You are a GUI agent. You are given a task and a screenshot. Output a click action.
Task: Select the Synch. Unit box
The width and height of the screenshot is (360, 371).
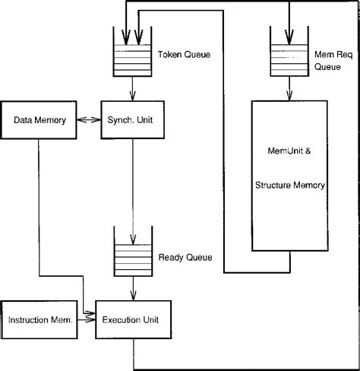tap(134, 119)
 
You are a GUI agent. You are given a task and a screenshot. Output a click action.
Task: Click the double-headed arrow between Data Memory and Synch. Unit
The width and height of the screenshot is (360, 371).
tap(90, 119)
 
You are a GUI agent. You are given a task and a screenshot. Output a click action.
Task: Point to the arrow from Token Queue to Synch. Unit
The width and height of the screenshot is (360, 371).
tap(134, 89)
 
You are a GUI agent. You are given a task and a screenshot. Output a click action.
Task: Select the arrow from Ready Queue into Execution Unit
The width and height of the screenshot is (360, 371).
tap(134, 290)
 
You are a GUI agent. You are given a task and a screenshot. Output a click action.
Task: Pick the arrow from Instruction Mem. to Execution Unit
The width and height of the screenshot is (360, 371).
tap(88, 319)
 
